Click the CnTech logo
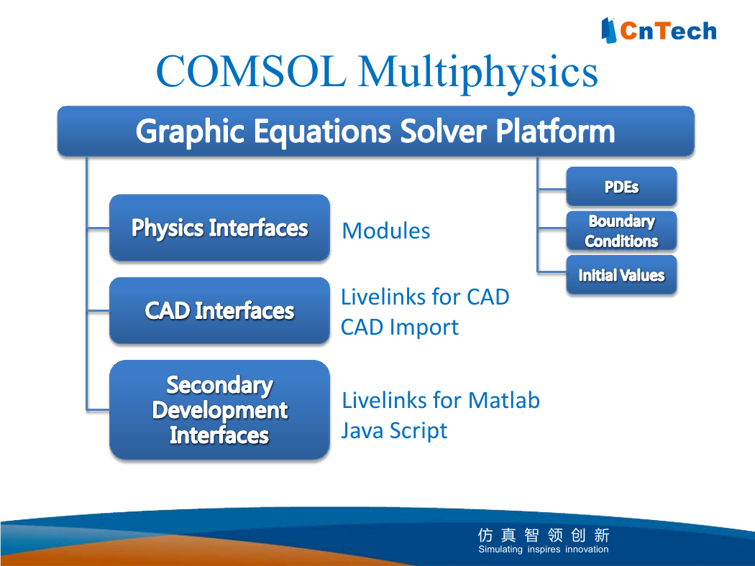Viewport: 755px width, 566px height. (659, 30)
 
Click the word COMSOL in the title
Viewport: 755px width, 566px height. (251, 71)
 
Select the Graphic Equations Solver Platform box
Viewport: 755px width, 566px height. (375, 131)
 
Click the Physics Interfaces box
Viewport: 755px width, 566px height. (219, 228)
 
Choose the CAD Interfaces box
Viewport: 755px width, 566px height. (219, 310)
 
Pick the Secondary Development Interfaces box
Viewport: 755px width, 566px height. (219, 409)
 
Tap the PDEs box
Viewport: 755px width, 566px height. (622, 187)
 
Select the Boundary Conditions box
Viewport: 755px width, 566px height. (622, 231)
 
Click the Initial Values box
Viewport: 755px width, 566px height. (622, 275)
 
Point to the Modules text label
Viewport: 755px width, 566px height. (385, 231)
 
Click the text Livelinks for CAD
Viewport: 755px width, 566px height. (425, 297)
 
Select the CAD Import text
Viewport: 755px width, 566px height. (400, 328)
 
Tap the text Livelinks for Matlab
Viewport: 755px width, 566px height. (441, 400)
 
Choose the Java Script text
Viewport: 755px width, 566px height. (394, 431)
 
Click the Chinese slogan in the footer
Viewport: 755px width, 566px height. (544, 534)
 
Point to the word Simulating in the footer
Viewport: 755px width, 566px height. (500, 549)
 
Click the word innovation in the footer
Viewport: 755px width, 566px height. (587, 549)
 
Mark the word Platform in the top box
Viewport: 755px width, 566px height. (556, 131)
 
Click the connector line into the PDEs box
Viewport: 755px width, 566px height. (552, 190)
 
